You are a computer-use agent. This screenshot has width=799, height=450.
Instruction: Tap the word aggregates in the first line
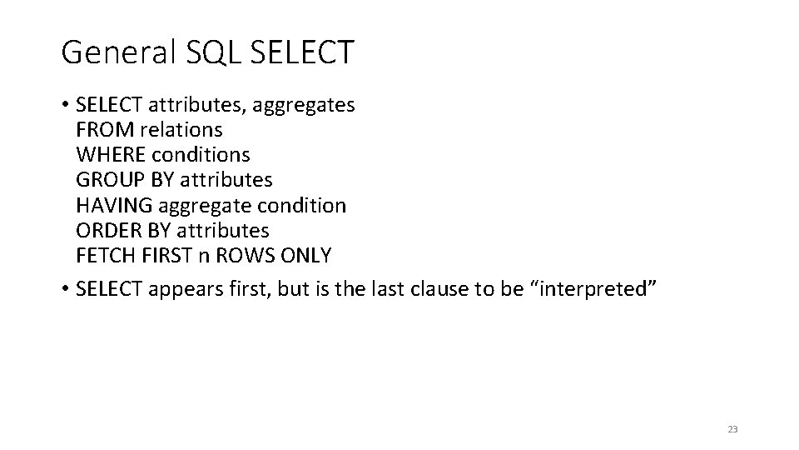304,106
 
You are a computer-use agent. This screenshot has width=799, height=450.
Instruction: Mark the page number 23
732,429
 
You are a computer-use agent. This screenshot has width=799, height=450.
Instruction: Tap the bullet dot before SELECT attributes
65,106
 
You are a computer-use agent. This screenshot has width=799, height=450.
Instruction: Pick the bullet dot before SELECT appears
65,290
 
